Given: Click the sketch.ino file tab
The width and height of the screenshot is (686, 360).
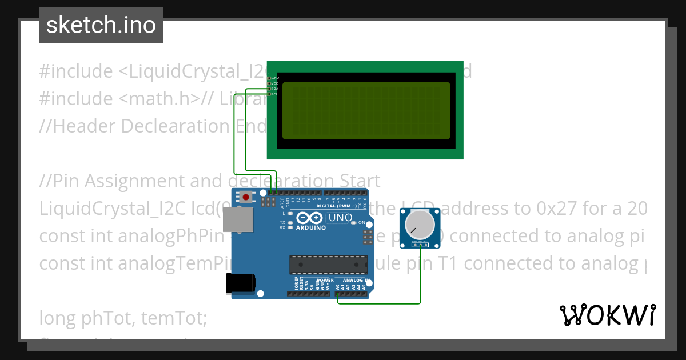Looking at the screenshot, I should (x=101, y=25).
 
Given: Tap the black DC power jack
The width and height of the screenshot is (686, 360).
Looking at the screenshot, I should (x=240, y=283).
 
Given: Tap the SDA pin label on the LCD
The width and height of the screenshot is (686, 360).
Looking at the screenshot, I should (x=274, y=89).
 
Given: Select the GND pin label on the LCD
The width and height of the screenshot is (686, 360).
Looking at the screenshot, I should (x=275, y=78).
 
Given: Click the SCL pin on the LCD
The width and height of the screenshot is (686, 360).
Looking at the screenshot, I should (x=270, y=94).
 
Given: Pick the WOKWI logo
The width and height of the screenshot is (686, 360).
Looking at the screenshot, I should (x=608, y=315).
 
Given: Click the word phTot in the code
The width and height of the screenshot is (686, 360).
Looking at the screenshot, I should (x=94, y=318).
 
